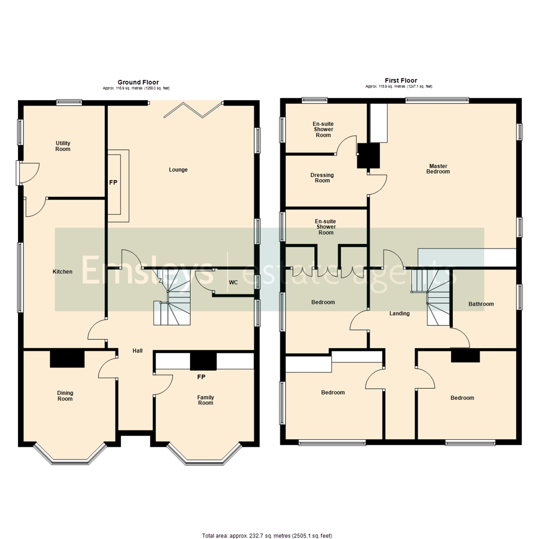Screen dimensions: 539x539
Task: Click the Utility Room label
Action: tap(63, 146)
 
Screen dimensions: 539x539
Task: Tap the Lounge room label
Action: tap(178, 170)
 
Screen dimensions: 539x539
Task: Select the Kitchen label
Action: tap(62, 272)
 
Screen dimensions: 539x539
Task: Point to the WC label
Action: tap(233, 282)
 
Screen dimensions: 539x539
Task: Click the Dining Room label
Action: tap(65, 396)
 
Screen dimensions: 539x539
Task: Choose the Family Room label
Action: tap(205, 400)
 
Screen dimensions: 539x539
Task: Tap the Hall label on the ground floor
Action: tap(137, 351)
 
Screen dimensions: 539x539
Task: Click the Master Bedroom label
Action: tap(438, 169)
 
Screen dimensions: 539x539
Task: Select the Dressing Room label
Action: tap(322, 178)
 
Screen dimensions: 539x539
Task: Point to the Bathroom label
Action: tap(481, 304)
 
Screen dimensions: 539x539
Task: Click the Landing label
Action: tap(399, 314)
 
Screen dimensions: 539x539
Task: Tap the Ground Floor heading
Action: tap(138, 82)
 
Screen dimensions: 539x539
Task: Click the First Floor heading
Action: tap(401, 80)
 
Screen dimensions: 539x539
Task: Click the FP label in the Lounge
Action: tap(113, 183)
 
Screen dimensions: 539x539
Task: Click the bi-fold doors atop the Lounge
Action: tap(193, 109)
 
